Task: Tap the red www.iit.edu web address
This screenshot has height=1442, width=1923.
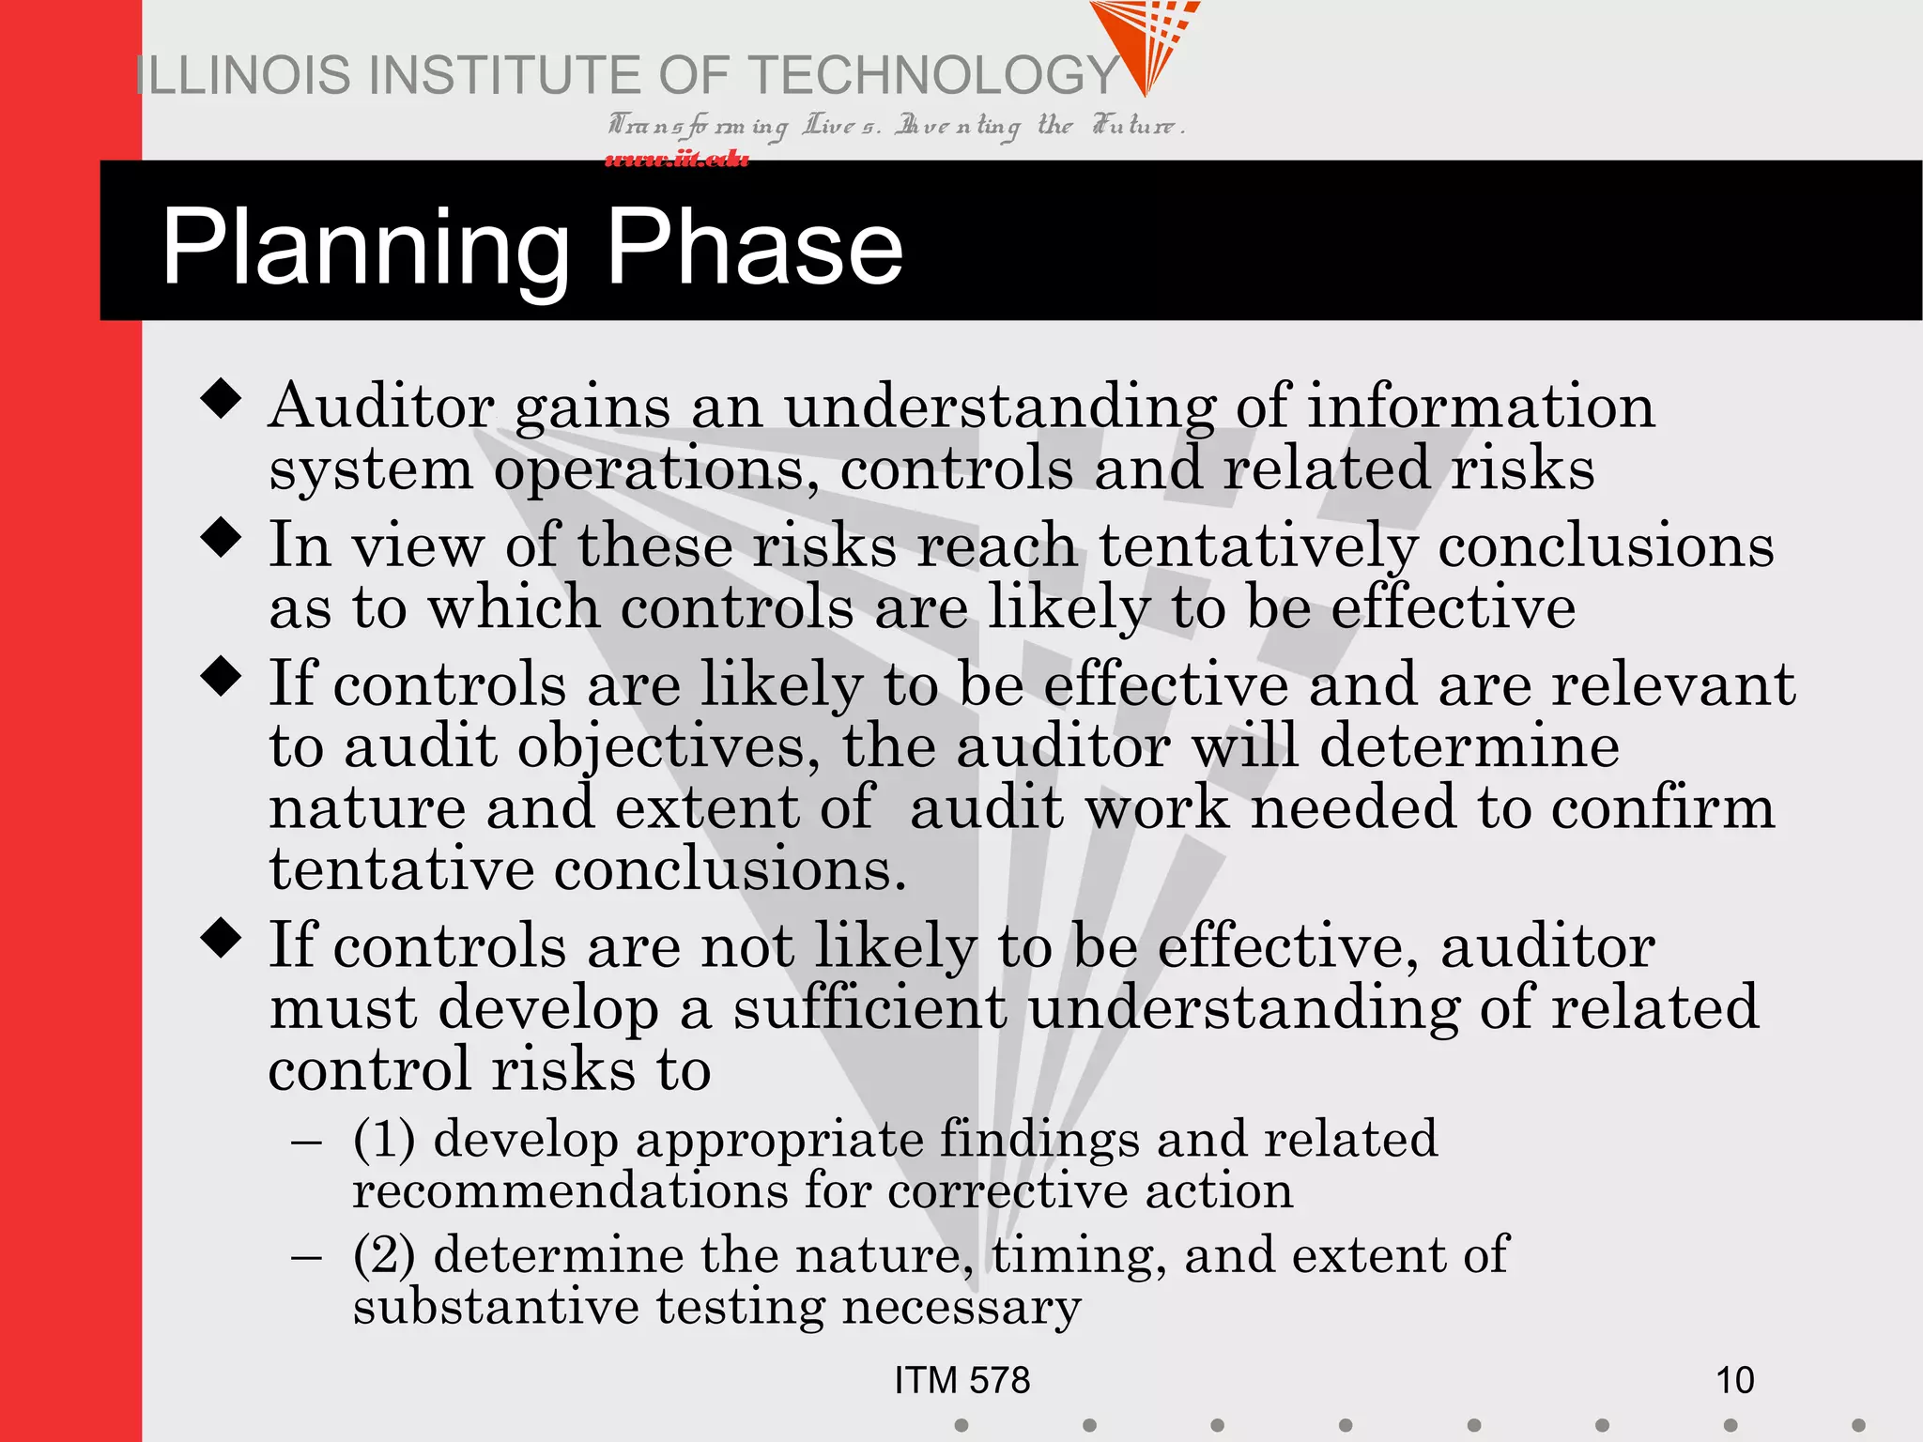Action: (x=677, y=159)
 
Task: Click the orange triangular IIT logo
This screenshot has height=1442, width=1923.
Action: (x=1144, y=42)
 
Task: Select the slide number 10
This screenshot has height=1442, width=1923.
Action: (x=1734, y=1380)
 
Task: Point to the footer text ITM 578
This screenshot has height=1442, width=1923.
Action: (x=961, y=1380)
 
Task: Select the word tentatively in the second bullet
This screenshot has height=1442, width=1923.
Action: (x=1257, y=546)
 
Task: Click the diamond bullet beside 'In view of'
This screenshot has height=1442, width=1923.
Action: (x=222, y=538)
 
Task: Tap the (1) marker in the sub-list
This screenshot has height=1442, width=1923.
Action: (x=384, y=1139)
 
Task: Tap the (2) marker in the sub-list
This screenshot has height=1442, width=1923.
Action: (x=384, y=1255)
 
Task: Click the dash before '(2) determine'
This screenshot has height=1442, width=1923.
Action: (x=307, y=1256)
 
